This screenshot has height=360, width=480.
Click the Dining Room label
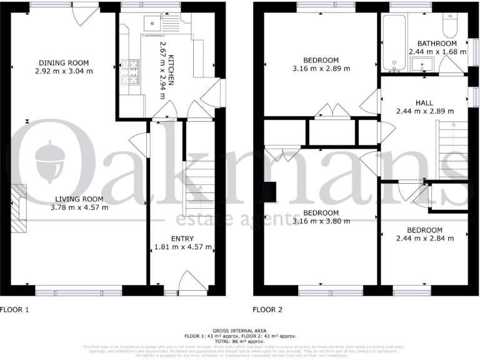[64, 62]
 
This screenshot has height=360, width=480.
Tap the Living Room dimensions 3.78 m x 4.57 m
[79, 207]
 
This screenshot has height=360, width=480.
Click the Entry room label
[182, 239]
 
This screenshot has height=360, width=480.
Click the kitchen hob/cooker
[132, 71]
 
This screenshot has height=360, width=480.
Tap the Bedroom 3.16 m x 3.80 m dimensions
[321, 220]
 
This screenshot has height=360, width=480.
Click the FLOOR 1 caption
[14, 309]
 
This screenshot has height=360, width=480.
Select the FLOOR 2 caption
[267, 309]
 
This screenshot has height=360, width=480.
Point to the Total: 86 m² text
[239, 341]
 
